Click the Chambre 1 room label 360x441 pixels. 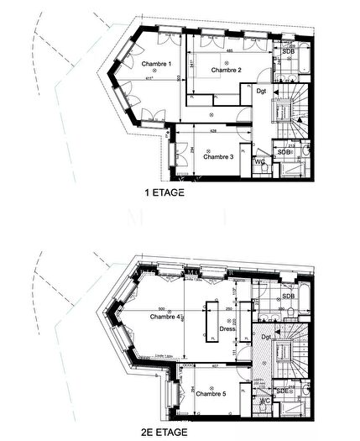click(156, 65)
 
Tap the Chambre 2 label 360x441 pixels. click(227, 71)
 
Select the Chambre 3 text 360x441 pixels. click(218, 156)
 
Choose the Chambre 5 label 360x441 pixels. click(211, 394)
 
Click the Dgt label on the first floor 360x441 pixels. click(262, 91)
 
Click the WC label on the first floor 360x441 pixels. click(260, 161)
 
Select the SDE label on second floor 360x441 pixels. click(284, 391)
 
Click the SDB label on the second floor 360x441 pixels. click(288, 297)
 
